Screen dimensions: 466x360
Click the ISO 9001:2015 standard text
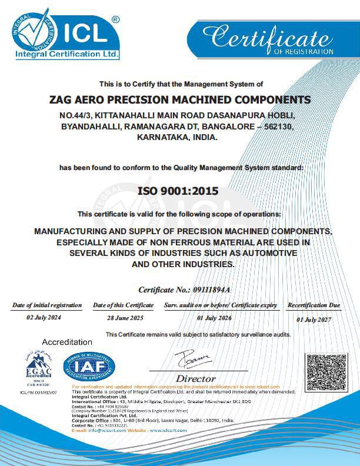point(178,191)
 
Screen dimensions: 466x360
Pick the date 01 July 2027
point(314,319)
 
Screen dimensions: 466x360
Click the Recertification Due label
point(314,305)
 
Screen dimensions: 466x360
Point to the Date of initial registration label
point(47,305)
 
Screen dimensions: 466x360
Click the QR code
point(323,371)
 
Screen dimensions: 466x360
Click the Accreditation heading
point(67,342)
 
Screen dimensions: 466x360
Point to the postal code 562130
point(275,127)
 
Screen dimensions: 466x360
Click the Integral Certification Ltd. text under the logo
point(67,54)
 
